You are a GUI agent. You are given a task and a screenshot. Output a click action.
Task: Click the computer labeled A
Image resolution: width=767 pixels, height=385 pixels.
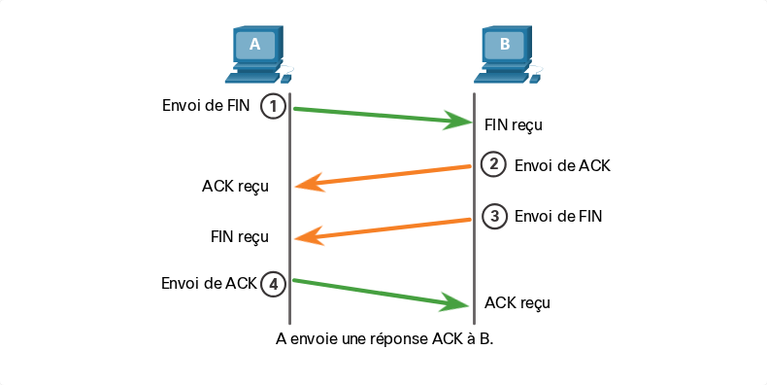[x=258, y=54]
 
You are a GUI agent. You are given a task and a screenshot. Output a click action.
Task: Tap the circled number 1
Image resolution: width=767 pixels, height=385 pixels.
[x=273, y=106]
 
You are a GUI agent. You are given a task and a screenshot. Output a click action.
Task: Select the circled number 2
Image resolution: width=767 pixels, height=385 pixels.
[x=493, y=164]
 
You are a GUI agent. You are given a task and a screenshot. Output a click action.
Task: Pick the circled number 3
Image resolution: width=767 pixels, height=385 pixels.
[x=494, y=216]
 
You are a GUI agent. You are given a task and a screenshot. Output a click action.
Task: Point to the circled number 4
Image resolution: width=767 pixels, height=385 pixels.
[x=273, y=284]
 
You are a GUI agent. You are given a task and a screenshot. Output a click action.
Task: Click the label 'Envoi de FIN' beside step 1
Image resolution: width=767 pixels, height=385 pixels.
[x=206, y=105]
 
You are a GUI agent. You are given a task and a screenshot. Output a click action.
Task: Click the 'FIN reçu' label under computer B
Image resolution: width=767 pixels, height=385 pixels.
[x=514, y=125]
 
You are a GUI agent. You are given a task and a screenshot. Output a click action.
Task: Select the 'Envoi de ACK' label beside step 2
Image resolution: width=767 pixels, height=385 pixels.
[x=562, y=165]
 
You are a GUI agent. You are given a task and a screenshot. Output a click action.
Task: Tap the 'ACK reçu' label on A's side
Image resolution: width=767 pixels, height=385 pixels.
[x=235, y=187]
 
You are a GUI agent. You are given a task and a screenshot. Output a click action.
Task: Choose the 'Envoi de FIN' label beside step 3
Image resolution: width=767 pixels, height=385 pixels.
[x=558, y=216]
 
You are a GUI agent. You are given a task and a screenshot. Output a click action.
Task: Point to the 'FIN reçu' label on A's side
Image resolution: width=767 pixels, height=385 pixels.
[x=240, y=237]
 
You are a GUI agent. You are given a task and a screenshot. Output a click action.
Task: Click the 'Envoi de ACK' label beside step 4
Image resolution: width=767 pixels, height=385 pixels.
[x=209, y=283]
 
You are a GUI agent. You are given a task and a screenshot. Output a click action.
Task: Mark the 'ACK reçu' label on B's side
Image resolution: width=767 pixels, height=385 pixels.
[x=517, y=303]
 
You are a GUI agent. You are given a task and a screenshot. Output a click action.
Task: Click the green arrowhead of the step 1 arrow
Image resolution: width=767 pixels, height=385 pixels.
[x=458, y=121]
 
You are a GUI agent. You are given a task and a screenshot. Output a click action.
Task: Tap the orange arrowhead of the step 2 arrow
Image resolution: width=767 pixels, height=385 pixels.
[x=310, y=183]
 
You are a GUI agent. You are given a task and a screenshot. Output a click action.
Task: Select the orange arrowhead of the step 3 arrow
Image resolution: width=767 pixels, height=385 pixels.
[x=309, y=236]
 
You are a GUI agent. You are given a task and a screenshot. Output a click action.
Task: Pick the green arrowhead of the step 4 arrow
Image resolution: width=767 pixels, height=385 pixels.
[x=455, y=302]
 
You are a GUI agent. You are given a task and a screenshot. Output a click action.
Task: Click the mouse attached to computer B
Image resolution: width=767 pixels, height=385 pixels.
[x=535, y=79]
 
